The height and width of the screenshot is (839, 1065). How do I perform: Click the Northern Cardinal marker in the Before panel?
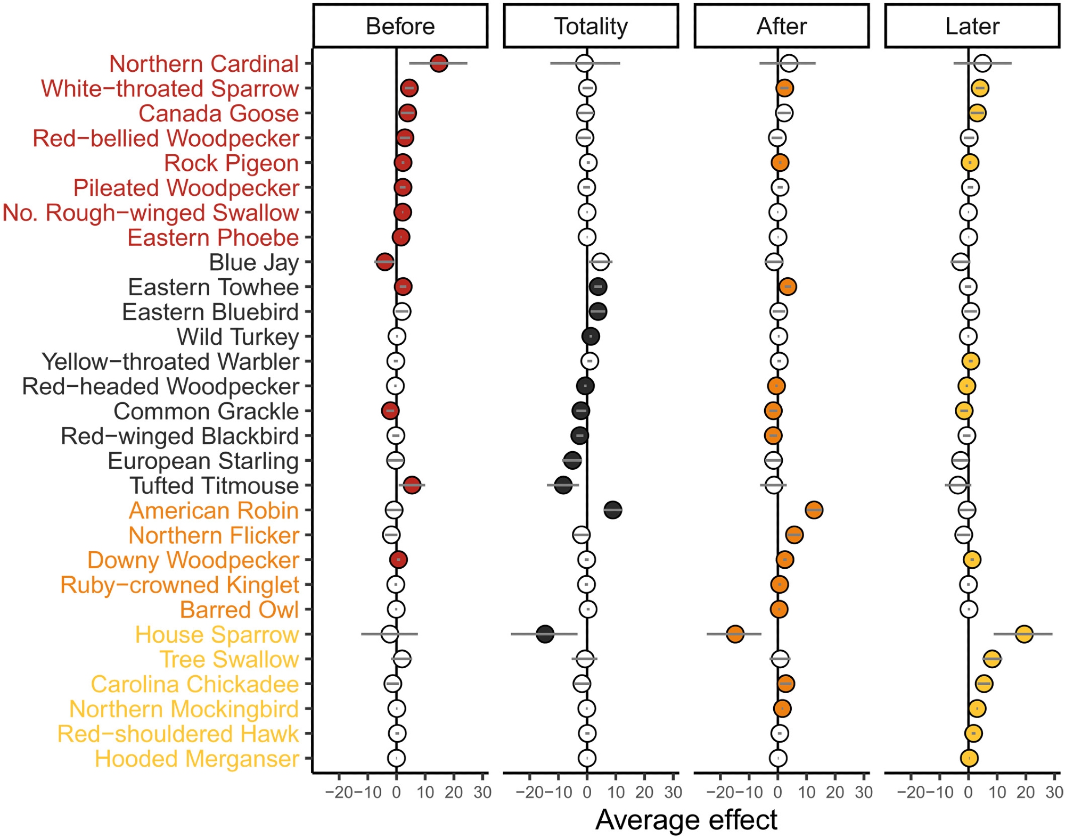439,63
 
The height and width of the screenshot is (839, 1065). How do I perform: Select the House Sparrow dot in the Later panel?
1024,634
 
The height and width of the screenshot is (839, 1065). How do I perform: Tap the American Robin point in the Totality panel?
613,510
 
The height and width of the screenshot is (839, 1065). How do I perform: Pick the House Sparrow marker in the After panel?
735,634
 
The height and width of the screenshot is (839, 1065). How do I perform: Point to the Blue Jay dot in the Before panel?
384,262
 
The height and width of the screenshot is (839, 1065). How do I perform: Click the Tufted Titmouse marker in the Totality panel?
563,485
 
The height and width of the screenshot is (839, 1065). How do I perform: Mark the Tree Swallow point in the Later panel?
992,659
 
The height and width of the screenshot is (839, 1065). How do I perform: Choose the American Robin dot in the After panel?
814,510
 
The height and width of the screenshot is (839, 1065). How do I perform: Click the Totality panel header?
591,26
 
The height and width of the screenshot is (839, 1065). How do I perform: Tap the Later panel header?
972,26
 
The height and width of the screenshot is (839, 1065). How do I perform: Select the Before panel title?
400,26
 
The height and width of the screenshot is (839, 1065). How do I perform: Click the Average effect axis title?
686,820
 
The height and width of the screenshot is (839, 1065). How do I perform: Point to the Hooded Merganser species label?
196,759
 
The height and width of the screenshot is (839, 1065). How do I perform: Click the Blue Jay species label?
253,262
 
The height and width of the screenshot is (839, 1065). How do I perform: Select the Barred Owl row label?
239,610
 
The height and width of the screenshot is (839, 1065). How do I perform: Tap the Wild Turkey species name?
237,337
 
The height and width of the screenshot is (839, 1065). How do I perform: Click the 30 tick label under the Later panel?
1054,792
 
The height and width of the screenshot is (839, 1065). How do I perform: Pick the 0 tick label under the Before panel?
396,792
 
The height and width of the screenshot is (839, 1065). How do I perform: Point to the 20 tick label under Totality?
644,792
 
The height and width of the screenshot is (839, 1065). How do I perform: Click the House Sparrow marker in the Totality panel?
545,634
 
